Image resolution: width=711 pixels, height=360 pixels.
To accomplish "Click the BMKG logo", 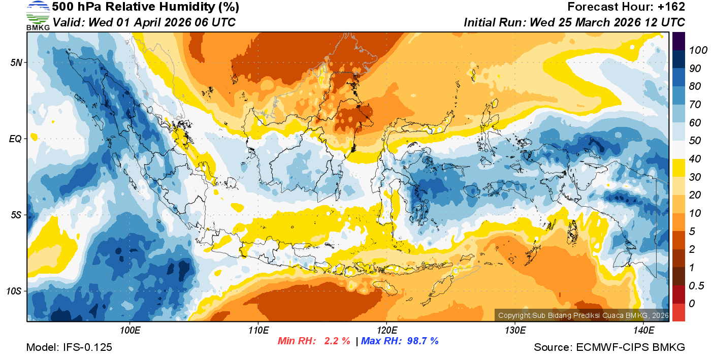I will (38, 15).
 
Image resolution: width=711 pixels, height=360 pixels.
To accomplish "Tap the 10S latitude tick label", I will (13, 291).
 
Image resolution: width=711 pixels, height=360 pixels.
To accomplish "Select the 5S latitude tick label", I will (15, 215).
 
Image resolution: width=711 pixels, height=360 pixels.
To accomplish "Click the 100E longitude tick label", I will (130, 331).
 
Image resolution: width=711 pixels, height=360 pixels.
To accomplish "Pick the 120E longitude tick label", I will (386, 331).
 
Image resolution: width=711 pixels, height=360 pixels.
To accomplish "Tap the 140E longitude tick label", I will (643, 331).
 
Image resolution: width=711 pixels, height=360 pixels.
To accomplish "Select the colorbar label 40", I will (695, 159).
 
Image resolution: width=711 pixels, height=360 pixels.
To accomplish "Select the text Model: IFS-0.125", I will (69, 348).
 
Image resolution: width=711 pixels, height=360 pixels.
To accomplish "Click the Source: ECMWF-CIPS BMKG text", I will (609, 348).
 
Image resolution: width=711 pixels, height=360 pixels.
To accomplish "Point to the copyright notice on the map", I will (583, 315).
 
